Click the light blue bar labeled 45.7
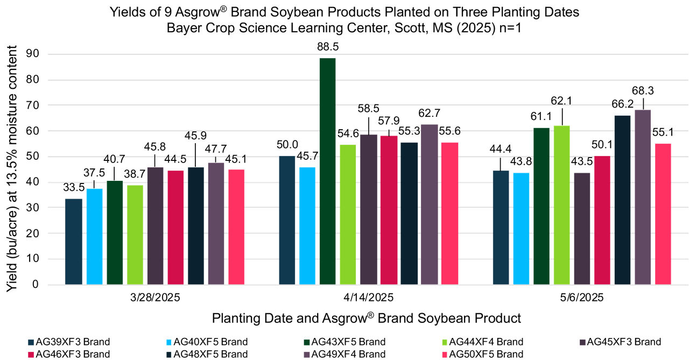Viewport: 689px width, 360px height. coord(307,225)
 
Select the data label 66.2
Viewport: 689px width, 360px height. coord(623,104)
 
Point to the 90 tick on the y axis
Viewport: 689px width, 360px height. coord(36,54)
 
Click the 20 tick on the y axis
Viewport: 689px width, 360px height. coord(36,233)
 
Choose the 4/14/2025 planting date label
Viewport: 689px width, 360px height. coord(369,297)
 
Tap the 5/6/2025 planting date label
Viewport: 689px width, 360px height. coord(582,297)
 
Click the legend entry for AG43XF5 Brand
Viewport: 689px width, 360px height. coord(348,342)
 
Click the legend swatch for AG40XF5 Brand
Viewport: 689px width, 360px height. coord(170,342)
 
